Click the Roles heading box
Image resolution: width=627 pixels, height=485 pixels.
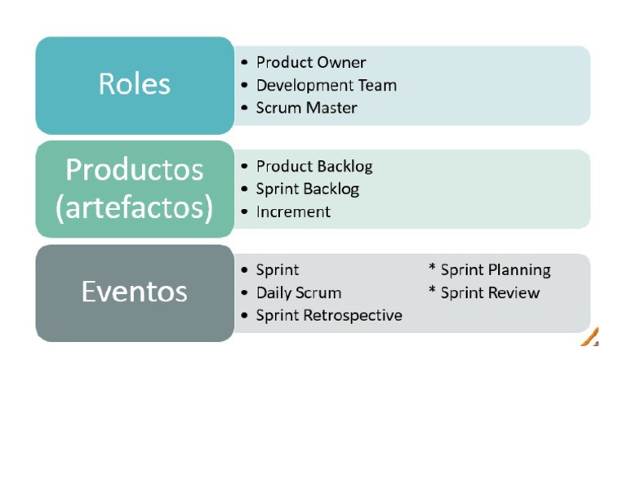(135, 85)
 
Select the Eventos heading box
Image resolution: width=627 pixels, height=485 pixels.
(135, 292)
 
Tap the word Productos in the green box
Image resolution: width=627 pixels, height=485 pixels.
(135, 170)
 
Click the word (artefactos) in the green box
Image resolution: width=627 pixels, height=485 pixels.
(135, 207)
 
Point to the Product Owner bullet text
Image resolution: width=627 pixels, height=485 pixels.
(311, 62)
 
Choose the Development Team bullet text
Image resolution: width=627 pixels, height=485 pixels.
(326, 85)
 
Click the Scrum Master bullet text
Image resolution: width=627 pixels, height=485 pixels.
(306, 108)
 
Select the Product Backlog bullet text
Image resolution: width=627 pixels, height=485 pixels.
(314, 167)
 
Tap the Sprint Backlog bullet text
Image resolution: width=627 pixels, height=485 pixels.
(307, 189)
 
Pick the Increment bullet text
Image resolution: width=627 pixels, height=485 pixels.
(293, 212)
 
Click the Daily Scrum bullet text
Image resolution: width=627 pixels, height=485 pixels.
(299, 293)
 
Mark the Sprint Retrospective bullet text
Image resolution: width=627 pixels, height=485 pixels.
(329, 316)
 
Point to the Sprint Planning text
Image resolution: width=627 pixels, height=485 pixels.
(496, 270)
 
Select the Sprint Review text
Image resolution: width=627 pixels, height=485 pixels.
(490, 293)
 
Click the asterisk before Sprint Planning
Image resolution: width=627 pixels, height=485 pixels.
(432, 269)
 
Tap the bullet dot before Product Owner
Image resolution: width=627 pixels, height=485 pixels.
(245, 63)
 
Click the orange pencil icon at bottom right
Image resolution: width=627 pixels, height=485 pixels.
(590, 337)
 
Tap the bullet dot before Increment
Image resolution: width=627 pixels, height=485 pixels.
(245, 212)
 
